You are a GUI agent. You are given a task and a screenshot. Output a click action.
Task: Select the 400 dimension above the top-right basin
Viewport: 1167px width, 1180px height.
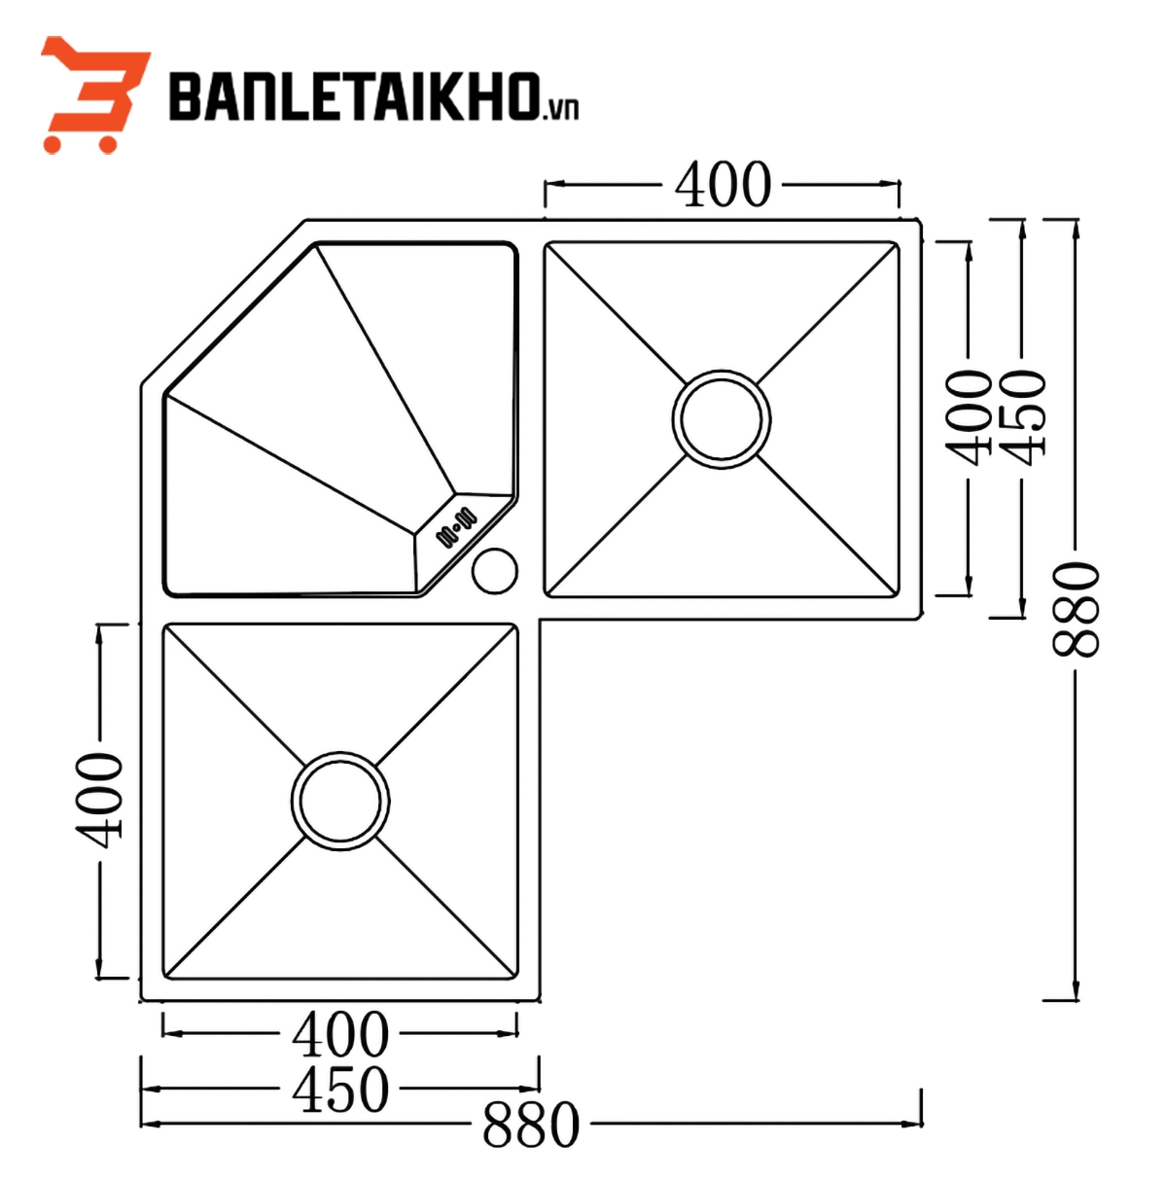(x=723, y=184)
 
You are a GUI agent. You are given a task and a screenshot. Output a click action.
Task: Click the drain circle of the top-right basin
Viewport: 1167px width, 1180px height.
(x=721, y=419)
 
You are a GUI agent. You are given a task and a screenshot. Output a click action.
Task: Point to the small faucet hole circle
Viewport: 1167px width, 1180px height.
(x=495, y=570)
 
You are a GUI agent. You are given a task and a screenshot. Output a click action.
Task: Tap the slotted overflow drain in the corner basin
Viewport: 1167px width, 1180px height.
(x=455, y=525)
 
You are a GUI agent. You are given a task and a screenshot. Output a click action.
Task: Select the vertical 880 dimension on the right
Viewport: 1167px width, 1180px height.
(x=1076, y=608)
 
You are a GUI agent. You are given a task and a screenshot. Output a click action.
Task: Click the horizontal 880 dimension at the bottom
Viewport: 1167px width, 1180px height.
(x=531, y=1125)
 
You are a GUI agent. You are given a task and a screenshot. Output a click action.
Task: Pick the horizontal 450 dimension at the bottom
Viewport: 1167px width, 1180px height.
(x=340, y=1089)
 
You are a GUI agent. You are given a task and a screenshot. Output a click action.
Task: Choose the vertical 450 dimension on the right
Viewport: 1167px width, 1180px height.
(x=1022, y=413)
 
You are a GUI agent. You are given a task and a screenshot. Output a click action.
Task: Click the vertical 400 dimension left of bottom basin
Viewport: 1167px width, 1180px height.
(x=99, y=798)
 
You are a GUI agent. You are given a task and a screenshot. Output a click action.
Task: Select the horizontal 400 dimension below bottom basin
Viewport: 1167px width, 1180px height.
(x=340, y=1034)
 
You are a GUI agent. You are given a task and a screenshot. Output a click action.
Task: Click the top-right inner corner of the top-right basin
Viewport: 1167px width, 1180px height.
(x=896, y=245)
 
